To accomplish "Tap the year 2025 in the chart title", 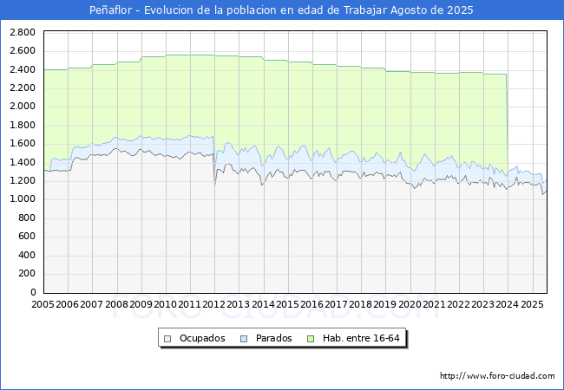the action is point(460,10).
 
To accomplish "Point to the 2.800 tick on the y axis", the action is point(23,32).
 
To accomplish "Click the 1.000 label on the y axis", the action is point(23,199).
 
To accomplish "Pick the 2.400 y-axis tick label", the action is point(23,69).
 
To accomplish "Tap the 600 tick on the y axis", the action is point(28,236).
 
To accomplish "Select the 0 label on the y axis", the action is point(33,292).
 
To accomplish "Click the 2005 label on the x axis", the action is point(43,304).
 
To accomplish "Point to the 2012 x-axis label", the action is point(213,304).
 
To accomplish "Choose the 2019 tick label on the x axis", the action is point(385,304).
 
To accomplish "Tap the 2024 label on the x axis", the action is point(508,304).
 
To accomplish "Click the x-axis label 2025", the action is point(532,304).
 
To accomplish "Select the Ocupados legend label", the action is point(202,338).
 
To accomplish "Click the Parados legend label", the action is point(273,338).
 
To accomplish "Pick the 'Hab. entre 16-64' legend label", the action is point(361,338).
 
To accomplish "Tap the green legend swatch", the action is point(311,339).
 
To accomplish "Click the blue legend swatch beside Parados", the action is point(244,339).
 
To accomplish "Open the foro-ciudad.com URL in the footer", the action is point(497,375).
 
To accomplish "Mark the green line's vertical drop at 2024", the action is point(508,124).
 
